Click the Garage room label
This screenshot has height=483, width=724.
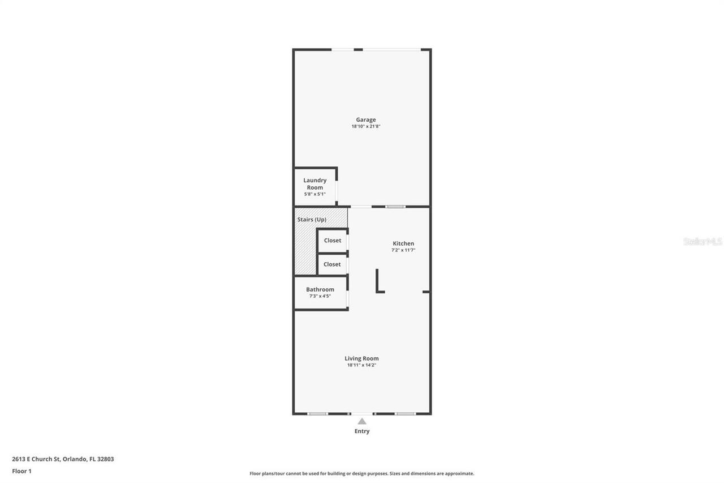click(366, 119)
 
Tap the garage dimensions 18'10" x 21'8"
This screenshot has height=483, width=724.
click(366, 126)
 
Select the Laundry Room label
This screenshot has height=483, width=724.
click(315, 183)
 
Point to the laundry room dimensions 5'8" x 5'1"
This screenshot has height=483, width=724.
click(315, 194)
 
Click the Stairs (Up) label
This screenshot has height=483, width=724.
click(312, 219)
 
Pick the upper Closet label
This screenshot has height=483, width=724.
click(333, 240)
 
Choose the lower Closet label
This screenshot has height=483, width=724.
click(332, 264)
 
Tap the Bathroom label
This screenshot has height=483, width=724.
click(320, 289)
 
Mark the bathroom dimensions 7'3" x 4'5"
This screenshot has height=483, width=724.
click(320, 296)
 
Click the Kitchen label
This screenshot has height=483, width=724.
click(403, 243)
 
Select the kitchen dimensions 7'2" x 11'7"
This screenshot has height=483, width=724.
click(403, 250)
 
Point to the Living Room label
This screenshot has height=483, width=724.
click(362, 358)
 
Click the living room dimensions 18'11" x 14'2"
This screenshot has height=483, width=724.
click(362, 365)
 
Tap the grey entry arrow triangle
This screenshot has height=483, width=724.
click(362, 421)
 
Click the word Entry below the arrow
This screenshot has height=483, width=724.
click(362, 431)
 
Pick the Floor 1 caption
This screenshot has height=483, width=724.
click(21, 471)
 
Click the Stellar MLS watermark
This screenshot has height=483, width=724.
click(703, 241)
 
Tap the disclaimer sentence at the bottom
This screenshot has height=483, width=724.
click(362, 473)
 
